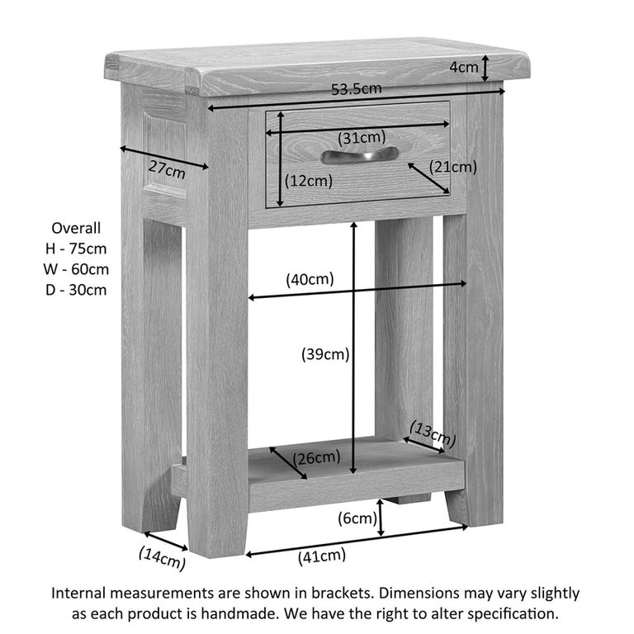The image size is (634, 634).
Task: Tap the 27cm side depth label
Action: (167, 170)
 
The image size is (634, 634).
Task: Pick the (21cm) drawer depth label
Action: (455, 168)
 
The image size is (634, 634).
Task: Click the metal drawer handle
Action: (359, 154)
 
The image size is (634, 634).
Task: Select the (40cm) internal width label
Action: (310, 280)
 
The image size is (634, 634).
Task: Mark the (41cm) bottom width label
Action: (321, 556)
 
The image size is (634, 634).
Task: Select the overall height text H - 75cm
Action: (76, 248)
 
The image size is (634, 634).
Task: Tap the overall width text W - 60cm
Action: (76, 269)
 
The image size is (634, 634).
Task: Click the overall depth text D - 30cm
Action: (76, 290)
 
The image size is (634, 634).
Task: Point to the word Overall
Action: (76, 228)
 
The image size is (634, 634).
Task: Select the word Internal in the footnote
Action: (80, 593)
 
